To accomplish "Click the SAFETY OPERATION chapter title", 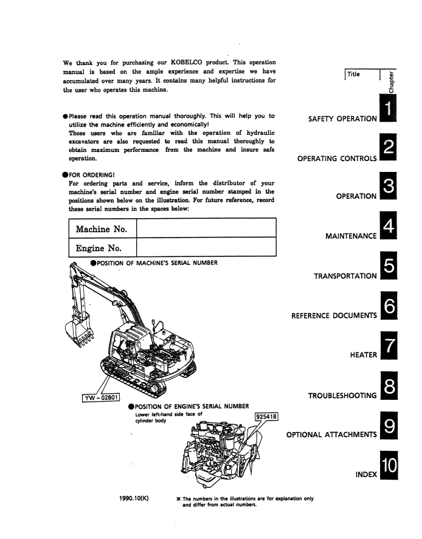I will coord(343,118).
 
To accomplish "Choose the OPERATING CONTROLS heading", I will coord(337,159).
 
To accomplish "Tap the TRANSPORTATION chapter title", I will coord(345,276).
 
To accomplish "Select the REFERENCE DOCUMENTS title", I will coord(334,315).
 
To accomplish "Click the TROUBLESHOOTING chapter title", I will coord(342,396).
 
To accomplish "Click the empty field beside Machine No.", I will coord(207,230).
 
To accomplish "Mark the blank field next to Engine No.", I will coord(207,248).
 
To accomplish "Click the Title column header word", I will coord(353,74).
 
